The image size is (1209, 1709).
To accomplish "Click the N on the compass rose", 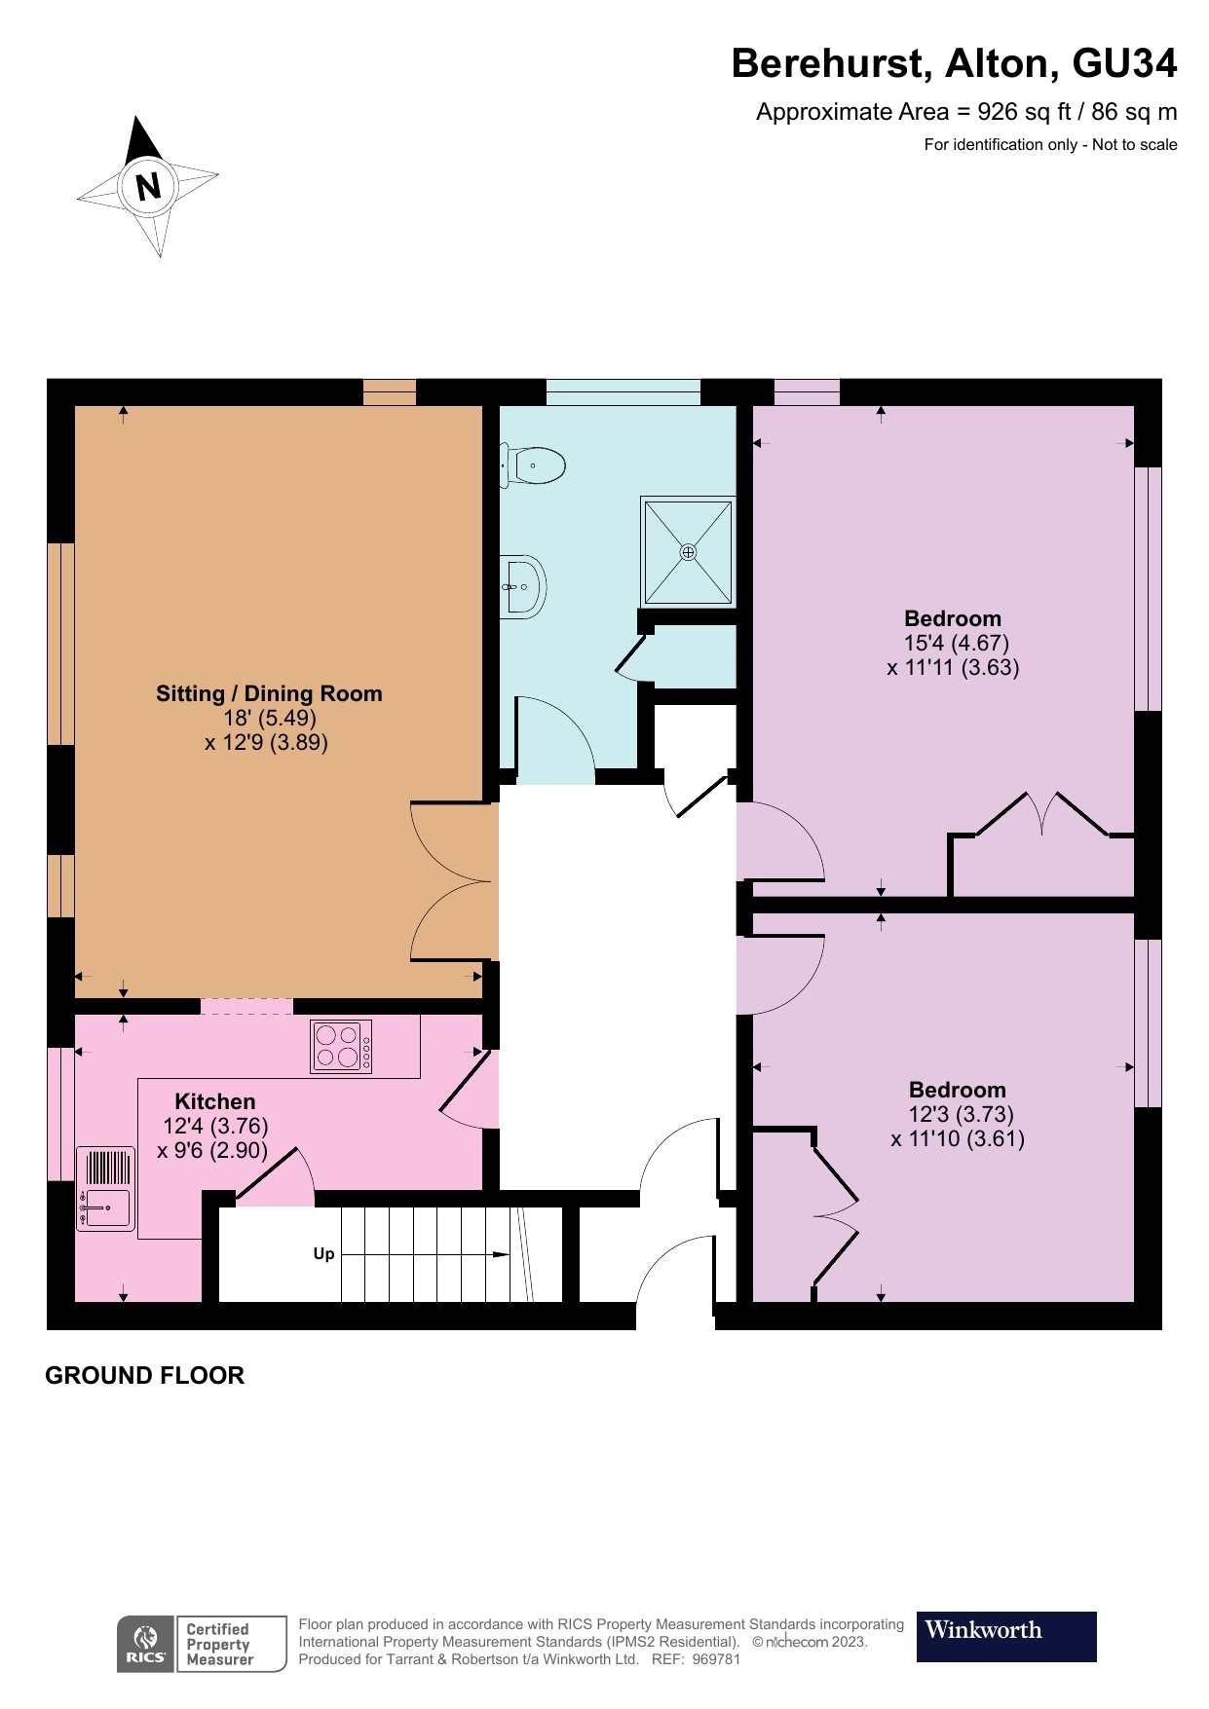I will coord(148,186).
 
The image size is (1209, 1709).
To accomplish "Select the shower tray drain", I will coord(689,552).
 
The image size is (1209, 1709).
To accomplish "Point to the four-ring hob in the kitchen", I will coord(341,1047).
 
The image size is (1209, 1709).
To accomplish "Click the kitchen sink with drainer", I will coord(105,1189).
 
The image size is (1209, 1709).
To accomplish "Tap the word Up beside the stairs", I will coord(323,1254).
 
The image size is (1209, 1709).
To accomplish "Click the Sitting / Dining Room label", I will coord(269,693).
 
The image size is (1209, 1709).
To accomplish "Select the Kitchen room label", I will coord(214,1101).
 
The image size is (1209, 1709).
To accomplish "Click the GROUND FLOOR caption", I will coord(144,1375).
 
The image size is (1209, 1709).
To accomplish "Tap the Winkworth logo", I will coord(1005,1636).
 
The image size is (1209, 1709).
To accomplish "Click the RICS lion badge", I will coord(145,1644).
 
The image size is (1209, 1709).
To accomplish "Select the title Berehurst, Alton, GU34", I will coord(954,63).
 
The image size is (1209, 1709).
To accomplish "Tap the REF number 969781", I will coord(716,1659).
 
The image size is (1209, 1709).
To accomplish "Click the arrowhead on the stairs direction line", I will coord(501,1254).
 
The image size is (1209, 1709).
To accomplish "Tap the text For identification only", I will coord(1000,145).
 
